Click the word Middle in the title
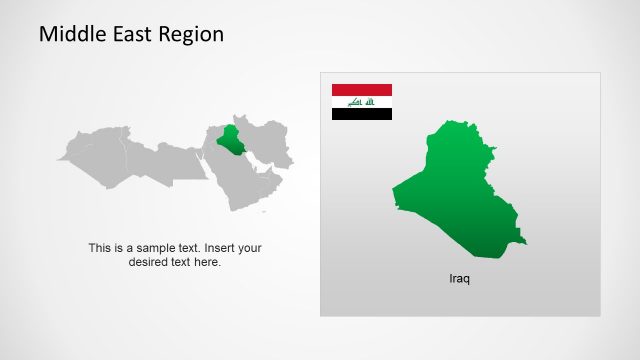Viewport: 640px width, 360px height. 66,34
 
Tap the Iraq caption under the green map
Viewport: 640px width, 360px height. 459,279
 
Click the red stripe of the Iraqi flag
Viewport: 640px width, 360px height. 361,90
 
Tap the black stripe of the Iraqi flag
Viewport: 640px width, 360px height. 361,114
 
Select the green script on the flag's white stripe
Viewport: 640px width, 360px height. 361,102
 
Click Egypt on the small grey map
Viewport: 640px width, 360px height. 185,160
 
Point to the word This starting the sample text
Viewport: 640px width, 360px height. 101,248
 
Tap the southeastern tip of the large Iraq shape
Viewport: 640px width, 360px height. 524,243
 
